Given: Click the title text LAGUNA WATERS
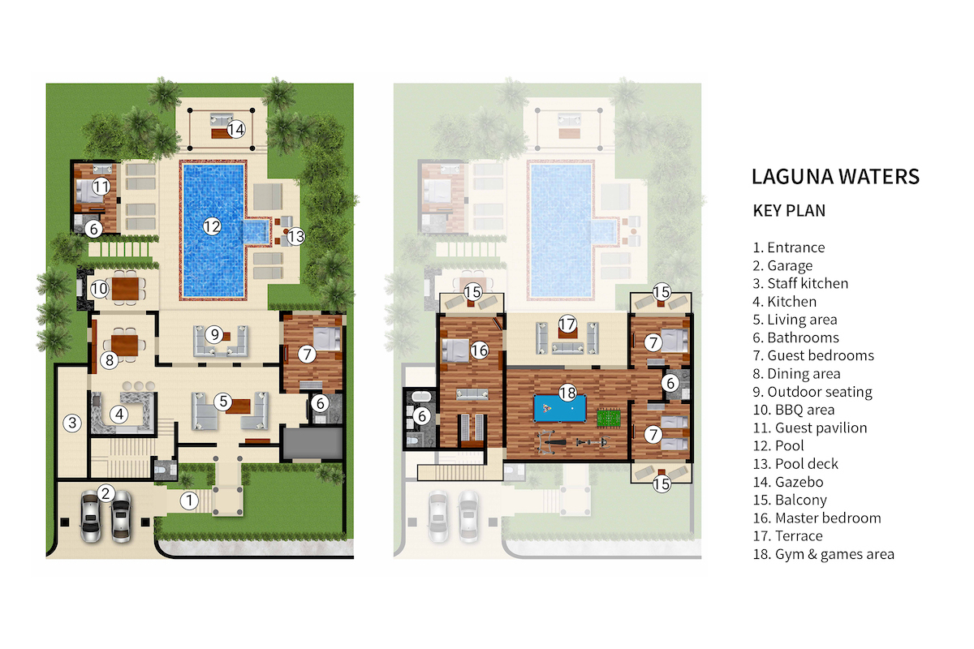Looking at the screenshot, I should point(835,176).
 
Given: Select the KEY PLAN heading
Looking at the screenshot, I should point(789,211).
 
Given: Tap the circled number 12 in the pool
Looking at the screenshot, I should point(212,226).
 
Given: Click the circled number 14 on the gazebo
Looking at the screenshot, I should point(236,129).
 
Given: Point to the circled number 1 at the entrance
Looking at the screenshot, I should point(189,501).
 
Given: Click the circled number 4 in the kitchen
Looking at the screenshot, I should point(120,414).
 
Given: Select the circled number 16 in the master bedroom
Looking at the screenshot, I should point(479,350).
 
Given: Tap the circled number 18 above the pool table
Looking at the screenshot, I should point(567,393).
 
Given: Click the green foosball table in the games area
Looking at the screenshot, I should point(607,419).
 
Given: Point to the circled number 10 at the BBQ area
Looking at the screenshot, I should point(99,287).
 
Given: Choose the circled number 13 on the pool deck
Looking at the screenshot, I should point(296,236).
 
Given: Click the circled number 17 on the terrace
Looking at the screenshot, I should point(567,324).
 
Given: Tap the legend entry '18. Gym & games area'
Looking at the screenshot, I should point(823,554).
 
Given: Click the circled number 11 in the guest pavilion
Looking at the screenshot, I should point(101,186).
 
